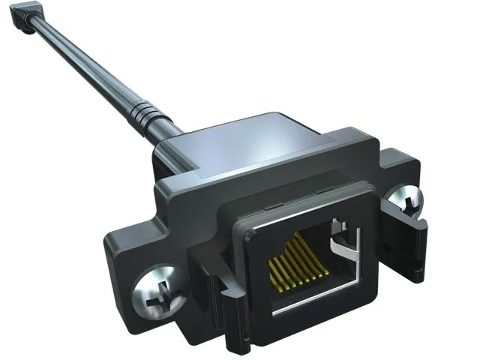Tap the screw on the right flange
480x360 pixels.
click(406, 201)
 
